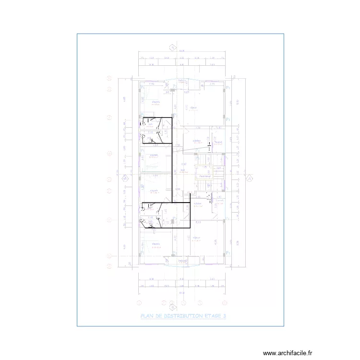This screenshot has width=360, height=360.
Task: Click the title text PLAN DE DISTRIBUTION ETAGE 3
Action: [x=182, y=316]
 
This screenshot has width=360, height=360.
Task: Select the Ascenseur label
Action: [x=202, y=177]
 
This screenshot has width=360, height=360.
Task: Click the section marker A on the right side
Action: [x=249, y=179]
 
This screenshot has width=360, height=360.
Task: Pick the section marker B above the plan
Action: [x=171, y=48]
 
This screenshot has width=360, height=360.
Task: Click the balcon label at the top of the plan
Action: [x=182, y=81]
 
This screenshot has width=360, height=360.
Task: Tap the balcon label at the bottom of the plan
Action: [x=182, y=261]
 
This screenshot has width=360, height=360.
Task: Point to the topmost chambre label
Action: [x=156, y=102]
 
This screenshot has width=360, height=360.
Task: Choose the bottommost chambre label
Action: [x=156, y=244]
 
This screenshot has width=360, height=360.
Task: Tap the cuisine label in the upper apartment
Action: [x=196, y=141]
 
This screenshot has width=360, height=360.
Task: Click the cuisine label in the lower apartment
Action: [x=197, y=204]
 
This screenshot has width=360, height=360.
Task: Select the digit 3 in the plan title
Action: [x=224, y=316]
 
